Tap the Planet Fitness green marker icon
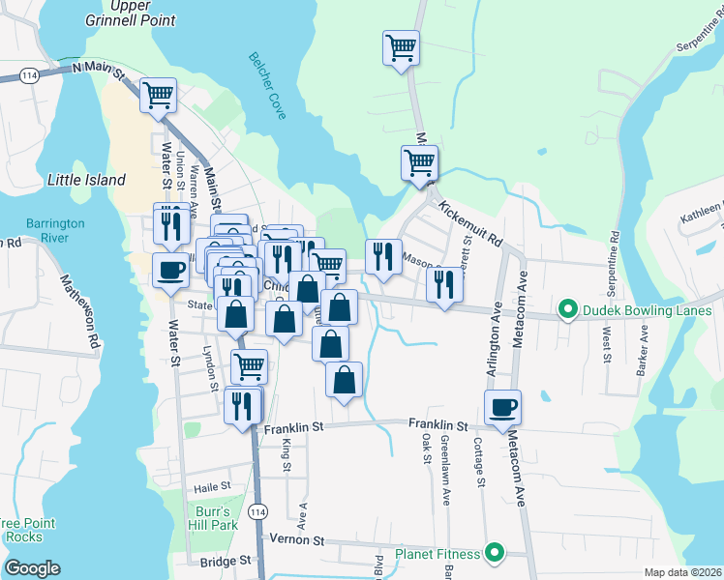tap(495, 554)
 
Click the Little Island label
tap(86, 180)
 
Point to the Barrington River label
tap(55, 230)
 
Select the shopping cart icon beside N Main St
tap(158, 95)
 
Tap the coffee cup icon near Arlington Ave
tap(502, 407)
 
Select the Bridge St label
tap(226, 561)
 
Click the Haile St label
tap(212, 487)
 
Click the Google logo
tap(32, 567)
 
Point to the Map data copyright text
tap(682, 572)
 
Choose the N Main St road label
tap(99, 69)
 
